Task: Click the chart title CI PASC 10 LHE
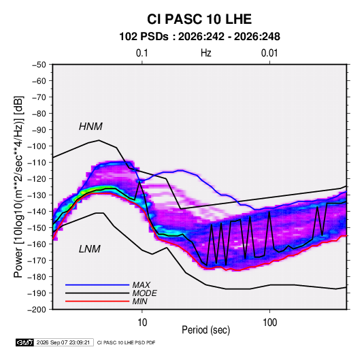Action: tap(199, 19)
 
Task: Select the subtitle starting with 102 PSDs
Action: tap(199, 37)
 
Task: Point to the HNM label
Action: tap(90, 127)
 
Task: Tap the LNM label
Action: tap(90, 249)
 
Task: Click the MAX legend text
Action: tap(141, 284)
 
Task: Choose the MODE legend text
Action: tap(144, 293)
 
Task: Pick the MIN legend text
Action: tap(139, 301)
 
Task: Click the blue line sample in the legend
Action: tap(97, 284)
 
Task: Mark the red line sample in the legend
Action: tap(97, 301)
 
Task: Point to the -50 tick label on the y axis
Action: tap(39, 65)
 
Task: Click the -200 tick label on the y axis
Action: tap(37, 310)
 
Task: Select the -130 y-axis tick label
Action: tap(37, 195)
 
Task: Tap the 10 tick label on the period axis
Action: tap(142, 323)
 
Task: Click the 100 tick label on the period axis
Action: tap(269, 323)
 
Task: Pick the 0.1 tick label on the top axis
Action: tap(142, 53)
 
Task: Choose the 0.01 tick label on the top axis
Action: tap(269, 53)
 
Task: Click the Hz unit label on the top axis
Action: tap(206, 53)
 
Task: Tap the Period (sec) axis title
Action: tap(206, 330)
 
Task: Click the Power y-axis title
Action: tap(18, 187)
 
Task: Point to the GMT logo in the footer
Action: tap(25, 342)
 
